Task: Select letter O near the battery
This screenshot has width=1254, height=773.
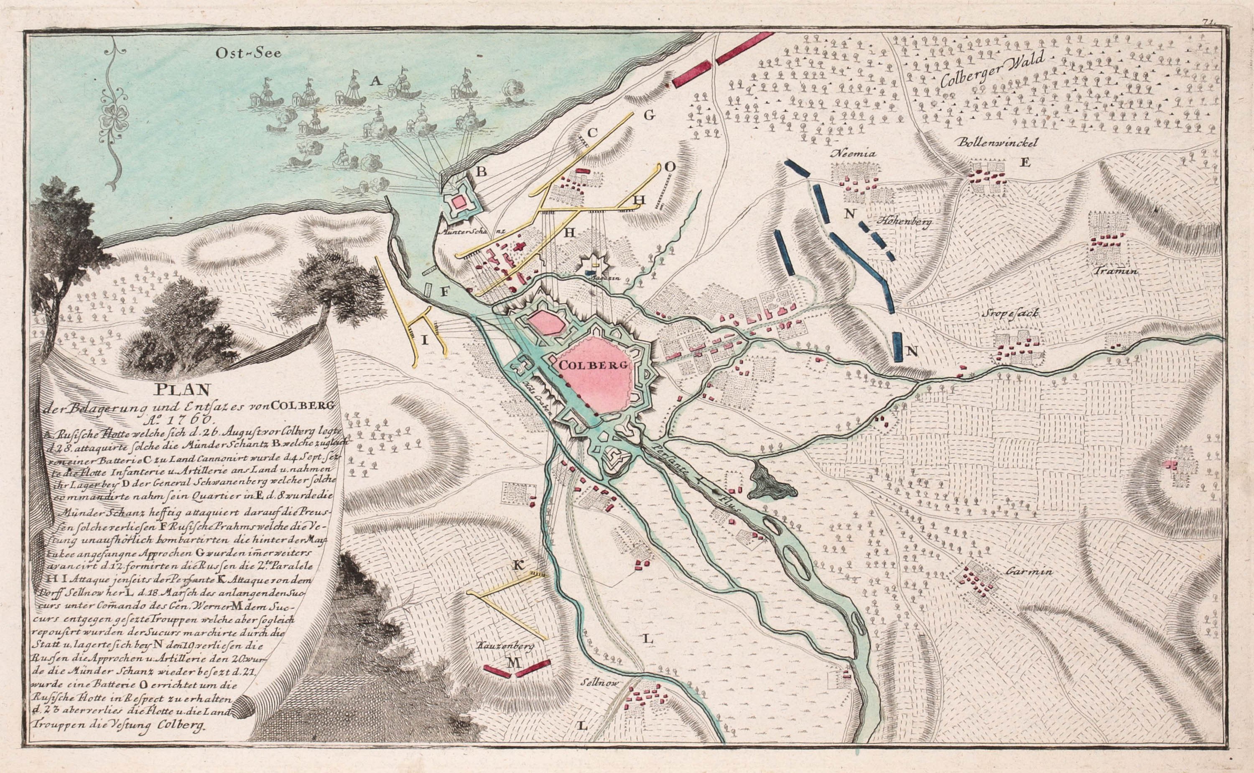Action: tap(670, 166)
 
